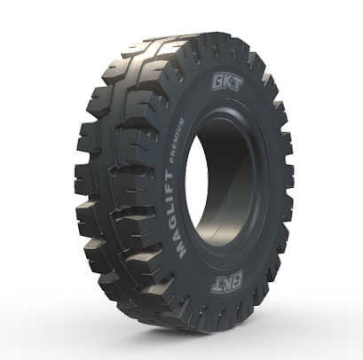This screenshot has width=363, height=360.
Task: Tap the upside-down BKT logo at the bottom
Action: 226,280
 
